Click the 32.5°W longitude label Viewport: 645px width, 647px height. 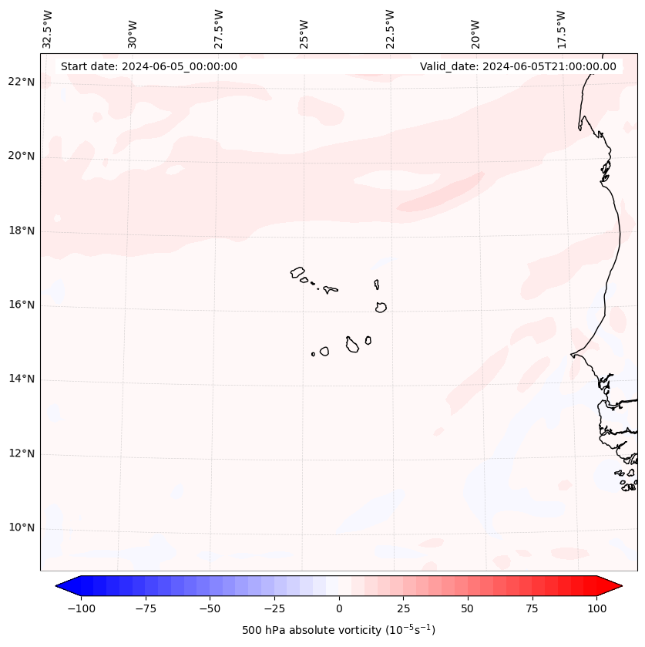tap(48, 29)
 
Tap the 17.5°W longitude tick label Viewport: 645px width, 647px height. tap(561, 29)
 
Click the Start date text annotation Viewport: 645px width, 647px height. tap(149, 66)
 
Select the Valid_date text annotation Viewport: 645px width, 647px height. tap(518, 66)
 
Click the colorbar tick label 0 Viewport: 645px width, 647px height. tap(339, 608)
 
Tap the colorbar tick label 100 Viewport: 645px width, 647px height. tap(596, 608)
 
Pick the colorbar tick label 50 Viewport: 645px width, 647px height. tap(468, 608)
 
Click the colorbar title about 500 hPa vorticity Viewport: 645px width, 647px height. tap(338, 630)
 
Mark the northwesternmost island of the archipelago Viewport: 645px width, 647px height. tap(297, 272)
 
